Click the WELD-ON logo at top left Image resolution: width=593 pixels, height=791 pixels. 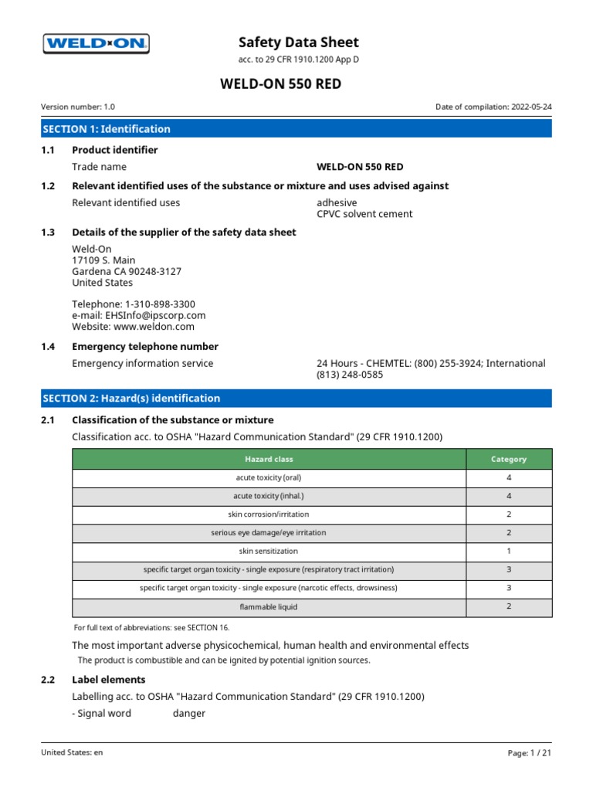click(95, 44)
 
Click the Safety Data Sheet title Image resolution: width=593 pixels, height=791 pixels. click(298, 42)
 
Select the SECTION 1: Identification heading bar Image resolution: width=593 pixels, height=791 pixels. click(296, 129)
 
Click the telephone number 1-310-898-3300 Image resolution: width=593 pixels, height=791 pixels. click(160, 304)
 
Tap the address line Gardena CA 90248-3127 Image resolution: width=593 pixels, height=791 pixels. click(127, 272)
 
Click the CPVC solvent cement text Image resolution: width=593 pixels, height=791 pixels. click(364, 214)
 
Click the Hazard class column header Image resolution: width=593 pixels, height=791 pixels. click(269, 459)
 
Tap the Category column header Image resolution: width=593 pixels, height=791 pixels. click(509, 459)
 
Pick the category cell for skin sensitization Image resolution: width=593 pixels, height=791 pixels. click(509, 552)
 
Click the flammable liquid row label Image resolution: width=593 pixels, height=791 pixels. click(269, 607)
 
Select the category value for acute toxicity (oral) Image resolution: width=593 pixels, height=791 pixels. click(509, 478)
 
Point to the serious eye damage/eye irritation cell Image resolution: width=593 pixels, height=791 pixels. click(269, 533)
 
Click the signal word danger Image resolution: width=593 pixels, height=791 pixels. click(189, 714)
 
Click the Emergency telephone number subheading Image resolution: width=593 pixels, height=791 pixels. click(145, 347)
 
